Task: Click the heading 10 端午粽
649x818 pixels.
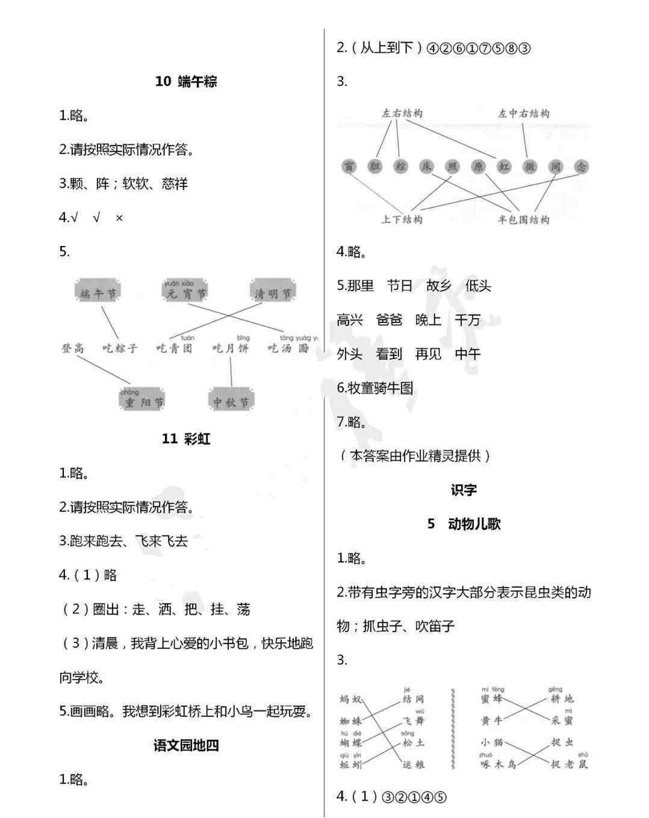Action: [186, 82]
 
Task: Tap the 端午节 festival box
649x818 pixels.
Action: [99, 293]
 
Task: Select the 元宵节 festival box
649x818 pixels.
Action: [186, 294]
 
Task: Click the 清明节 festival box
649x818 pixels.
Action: [273, 293]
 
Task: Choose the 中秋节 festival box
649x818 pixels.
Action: [231, 402]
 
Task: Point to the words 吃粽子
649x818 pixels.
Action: [120, 348]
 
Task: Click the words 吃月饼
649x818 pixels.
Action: [231, 348]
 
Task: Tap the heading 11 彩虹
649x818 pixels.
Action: [186, 439]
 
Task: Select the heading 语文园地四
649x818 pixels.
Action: [186, 746]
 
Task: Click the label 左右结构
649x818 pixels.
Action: [402, 113]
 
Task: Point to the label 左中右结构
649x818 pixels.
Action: [523, 113]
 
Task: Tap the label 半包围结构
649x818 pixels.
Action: [523, 220]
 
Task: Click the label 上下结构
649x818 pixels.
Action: [402, 220]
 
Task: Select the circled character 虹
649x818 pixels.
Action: [504, 167]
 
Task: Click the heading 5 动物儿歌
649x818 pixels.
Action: [464, 524]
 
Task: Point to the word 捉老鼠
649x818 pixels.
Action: [570, 764]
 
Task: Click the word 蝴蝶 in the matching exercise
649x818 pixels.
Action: [351, 743]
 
